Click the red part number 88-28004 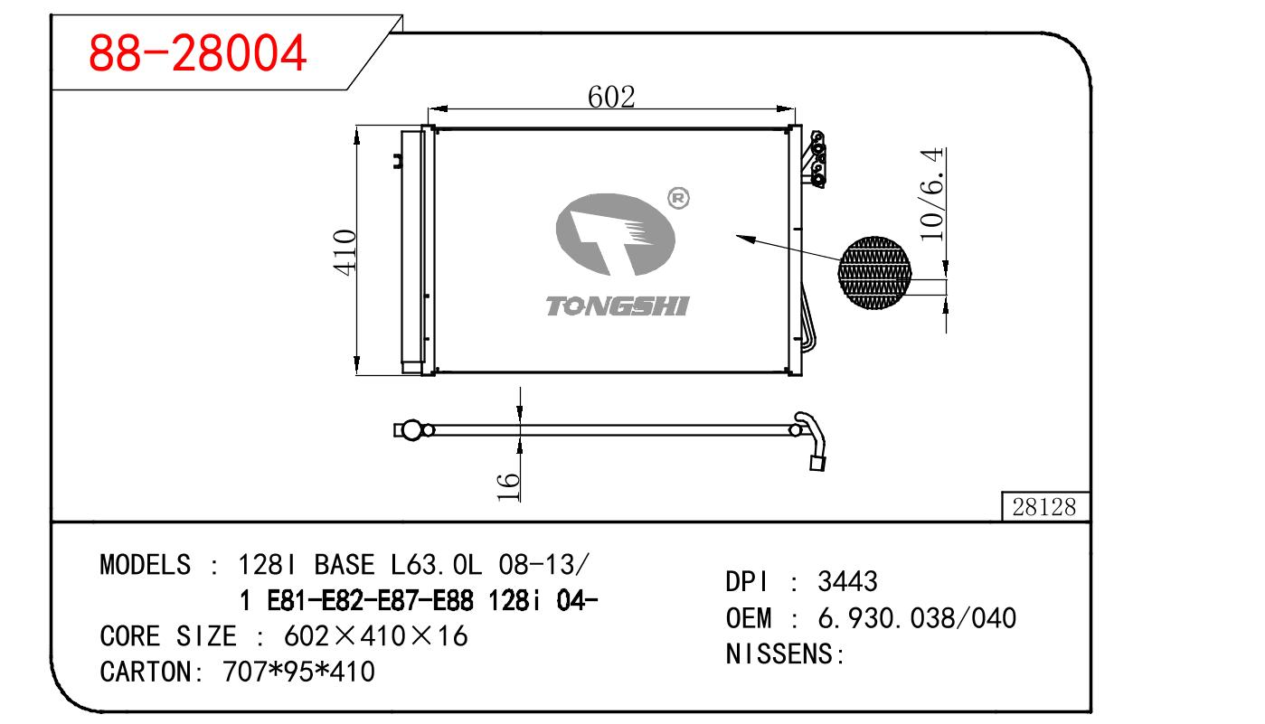[x=197, y=55]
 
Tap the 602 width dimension [x=611, y=96]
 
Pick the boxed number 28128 [x=1044, y=507]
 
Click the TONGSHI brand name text [x=617, y=306]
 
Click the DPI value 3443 [x=847, y=582]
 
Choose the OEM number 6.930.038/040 [x=917, y=618]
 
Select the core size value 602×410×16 [x=375, y=636]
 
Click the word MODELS [x=145, y=565]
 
